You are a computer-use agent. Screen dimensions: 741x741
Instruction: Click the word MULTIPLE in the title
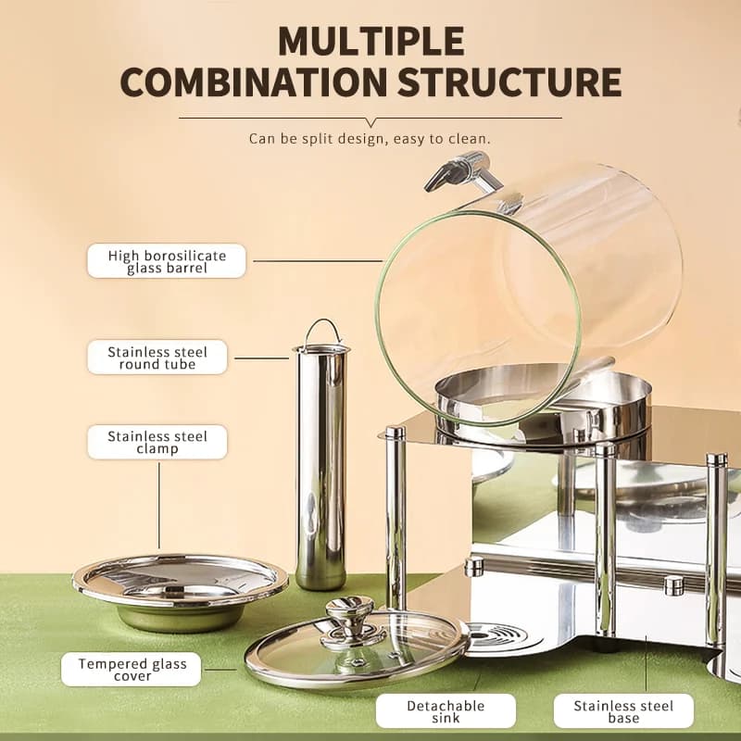pyautogui.click(x=371, y=42)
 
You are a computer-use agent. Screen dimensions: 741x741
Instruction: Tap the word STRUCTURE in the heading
pyautogui.click(x=509, y=82)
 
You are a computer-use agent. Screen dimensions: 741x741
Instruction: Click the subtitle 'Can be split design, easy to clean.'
pyautogui.click(x=370, y=139)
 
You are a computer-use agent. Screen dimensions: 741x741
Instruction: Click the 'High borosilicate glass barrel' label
pyautogui.click(x=167, y=261)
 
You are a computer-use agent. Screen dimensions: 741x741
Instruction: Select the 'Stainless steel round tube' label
pyautogui.click(x=157, y=358)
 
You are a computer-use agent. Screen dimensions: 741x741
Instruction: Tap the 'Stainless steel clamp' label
pyautogui.click(x=157, y=442)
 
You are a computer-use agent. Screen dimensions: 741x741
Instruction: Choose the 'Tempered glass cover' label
pyautogui.click(x=132, y=669)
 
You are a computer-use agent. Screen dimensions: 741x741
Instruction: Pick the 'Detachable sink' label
pyautogui.click(x=446, y=710)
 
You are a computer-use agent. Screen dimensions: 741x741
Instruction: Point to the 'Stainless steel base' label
pyautogui.click(x=623, y=710)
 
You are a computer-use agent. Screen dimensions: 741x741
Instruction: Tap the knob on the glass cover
pyautogui.click(x=350, y=619)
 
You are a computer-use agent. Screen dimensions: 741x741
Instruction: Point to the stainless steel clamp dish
pyautogui.click(x=180, y=591)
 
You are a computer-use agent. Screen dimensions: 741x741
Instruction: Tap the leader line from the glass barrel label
pyautogui.click(x=318, y=261)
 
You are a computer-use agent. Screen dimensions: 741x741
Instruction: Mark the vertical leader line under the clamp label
pyautogui.click(x=159, y=505)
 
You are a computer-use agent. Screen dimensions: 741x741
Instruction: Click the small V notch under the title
pyautogui.click(x=371, y=122)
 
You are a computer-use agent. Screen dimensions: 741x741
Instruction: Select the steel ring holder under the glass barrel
pyautogui.click(x=544, y=407)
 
